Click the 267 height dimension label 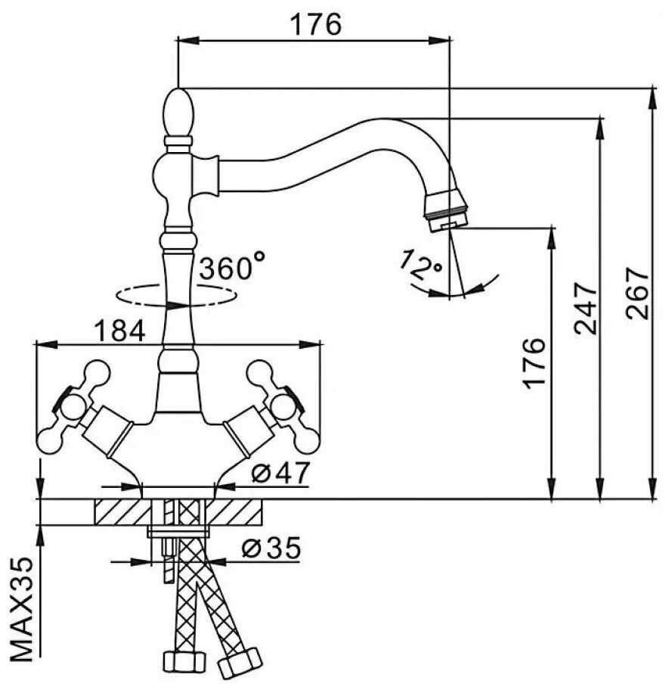click(639, 294)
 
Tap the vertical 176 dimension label click(534, 363)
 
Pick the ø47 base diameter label click(280, 474)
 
